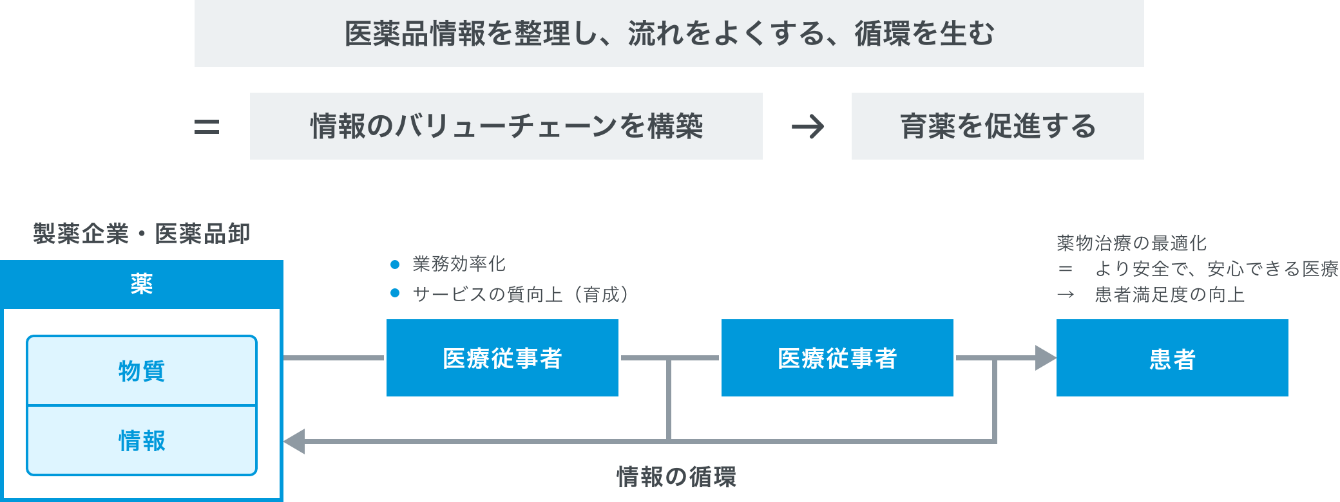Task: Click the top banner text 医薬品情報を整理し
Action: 669,33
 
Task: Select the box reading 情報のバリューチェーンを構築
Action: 506,126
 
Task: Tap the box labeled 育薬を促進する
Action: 997,126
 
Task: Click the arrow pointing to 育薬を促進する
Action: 808,126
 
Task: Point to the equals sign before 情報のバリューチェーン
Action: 207,126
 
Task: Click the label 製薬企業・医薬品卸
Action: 141,234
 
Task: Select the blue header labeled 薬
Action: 141,284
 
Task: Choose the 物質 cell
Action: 142,371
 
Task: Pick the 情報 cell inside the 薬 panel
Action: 142,441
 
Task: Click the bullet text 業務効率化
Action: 459,264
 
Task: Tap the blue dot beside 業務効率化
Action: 395,265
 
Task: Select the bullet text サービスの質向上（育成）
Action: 521,294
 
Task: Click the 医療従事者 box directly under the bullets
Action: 503,358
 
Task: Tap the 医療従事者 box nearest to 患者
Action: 837,358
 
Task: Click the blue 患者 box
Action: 1172,358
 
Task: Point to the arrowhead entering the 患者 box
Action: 1045,358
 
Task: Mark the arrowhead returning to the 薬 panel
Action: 294,442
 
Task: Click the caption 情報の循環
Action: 676,477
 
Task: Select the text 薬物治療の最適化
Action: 1131,243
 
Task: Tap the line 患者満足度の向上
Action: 1169,295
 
